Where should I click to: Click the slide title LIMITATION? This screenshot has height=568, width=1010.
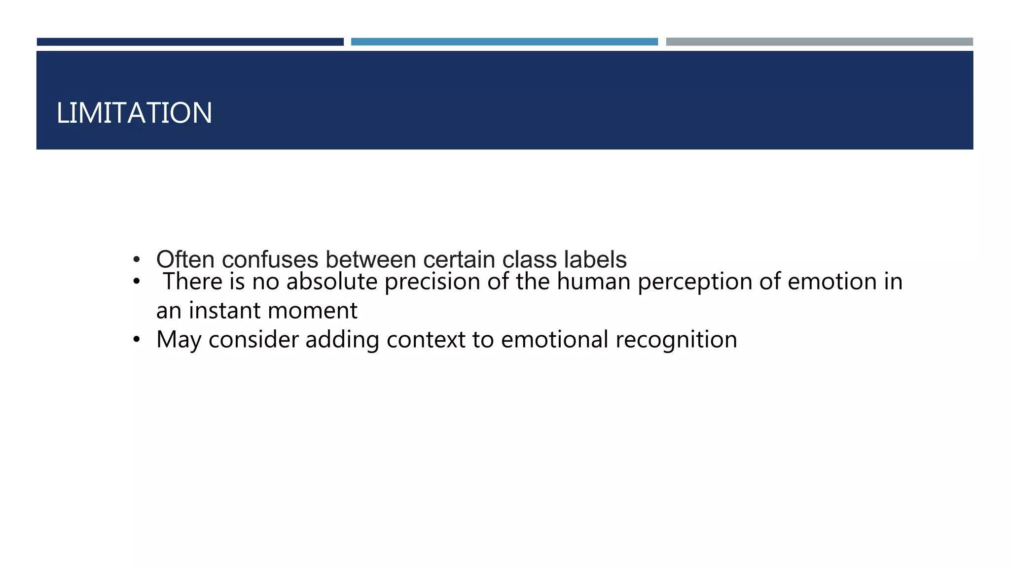pos(134,113)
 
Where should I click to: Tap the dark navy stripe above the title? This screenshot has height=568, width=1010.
pos(190,42)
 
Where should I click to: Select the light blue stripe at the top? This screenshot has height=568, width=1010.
pos(504,42)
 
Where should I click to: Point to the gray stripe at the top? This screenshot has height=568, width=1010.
pos(819,42)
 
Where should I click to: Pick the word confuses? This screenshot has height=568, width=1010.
pos(270,259)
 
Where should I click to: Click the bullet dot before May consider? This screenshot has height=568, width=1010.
pos(137,339)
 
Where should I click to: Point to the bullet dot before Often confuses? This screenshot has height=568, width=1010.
pos(137,259)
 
